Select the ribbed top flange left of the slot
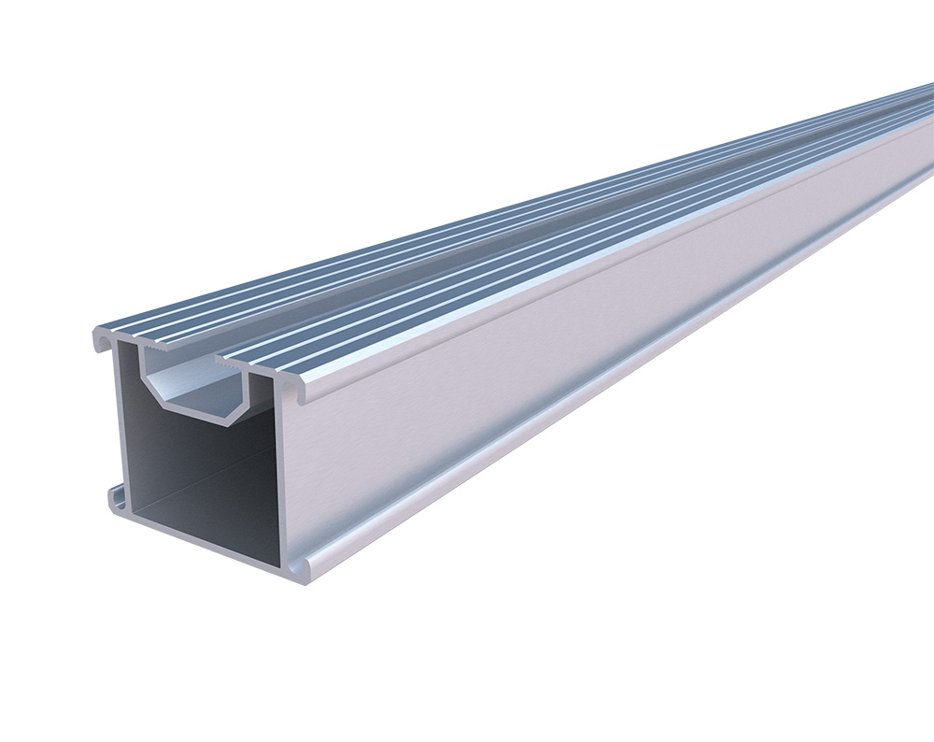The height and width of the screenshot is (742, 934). coord(280,280)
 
